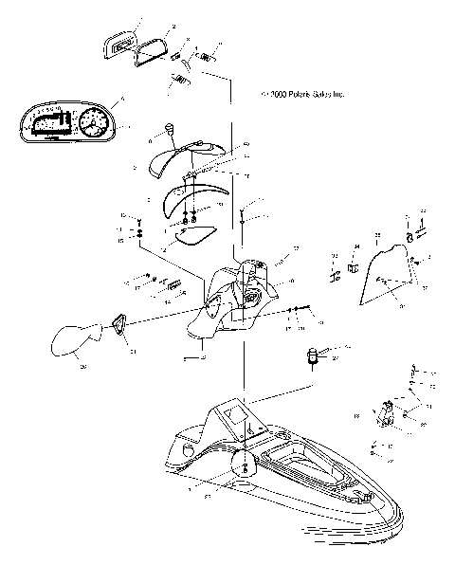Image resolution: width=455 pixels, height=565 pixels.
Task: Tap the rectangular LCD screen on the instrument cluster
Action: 49,123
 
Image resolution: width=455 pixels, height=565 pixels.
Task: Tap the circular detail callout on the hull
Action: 242,465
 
